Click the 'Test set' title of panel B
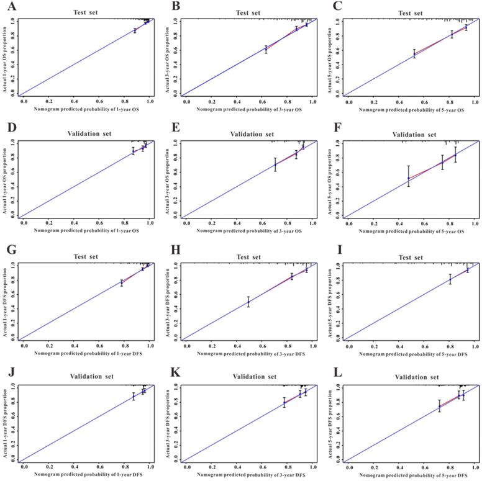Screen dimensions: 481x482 tap(248, 12)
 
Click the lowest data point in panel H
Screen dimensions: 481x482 tap(248, 302)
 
